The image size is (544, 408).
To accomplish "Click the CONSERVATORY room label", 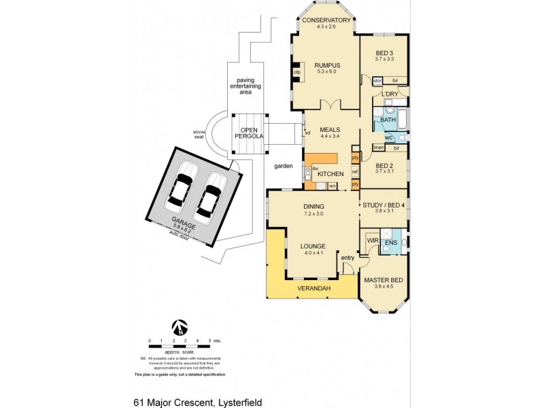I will tap(326, 20).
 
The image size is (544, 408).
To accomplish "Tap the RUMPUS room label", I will tap(328, 65).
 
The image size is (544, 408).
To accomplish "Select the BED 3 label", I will tap(384, 53).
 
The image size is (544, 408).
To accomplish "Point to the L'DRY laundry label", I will tap(390, 94).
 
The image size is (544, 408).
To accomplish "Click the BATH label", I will tap(388, 120).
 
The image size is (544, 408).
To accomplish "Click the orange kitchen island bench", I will tap(321, 158).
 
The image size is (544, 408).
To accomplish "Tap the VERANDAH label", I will tap(313, 289).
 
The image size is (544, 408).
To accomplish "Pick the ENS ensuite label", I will tap(391, 243).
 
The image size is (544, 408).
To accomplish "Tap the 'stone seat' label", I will tap(199, 135).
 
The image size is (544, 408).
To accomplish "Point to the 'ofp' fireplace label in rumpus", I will tap(297, 71).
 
